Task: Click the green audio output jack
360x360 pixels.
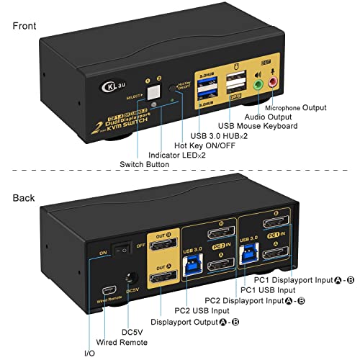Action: point(258,84)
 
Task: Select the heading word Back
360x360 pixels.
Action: point(24,197)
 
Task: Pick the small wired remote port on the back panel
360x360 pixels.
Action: point(105,279)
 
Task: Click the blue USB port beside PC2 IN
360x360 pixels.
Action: point(193,268)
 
